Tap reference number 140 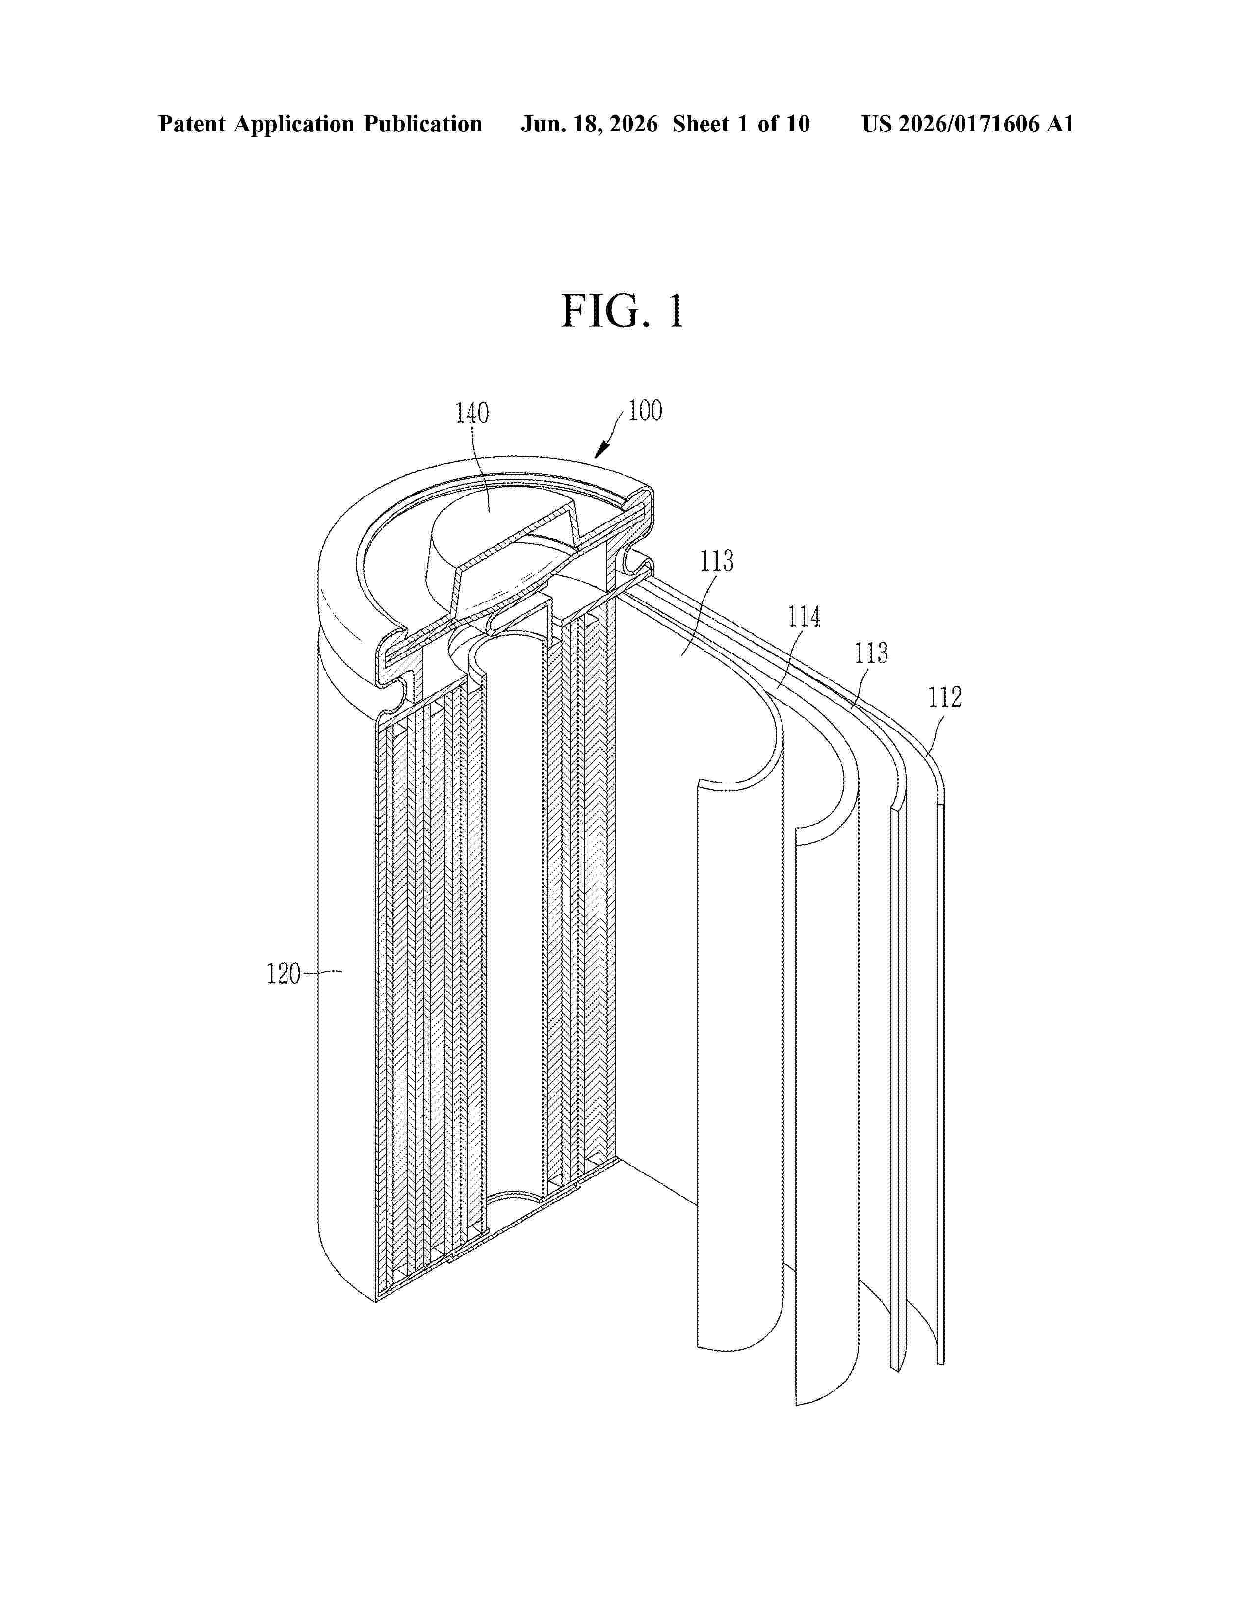pyautogui.click(x=472, y=413)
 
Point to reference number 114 pyautogui.click(x=804, y=616)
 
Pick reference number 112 pyautogui.click(x=945, y=698)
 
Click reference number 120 pyautogui.click(x=284, y=973)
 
